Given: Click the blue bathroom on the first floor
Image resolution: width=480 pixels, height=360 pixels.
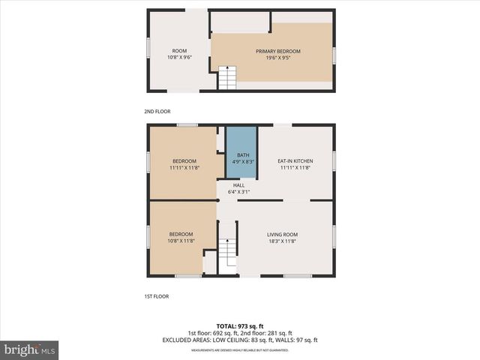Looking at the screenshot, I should [x=241, y=152].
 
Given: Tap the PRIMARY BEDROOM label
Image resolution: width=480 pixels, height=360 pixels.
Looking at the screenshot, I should [x=277, y=51].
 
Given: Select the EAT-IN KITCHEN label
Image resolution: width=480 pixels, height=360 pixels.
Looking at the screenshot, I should [x=295, y=161].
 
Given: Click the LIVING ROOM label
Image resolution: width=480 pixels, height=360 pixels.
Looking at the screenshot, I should [x=283, y=235].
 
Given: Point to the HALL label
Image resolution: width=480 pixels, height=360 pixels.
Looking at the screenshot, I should [x=238, y=185].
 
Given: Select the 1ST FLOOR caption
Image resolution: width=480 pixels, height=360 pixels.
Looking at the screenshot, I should [x=156, y=296].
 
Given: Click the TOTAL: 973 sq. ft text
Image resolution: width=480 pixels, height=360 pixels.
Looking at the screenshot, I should [x=239, y=326].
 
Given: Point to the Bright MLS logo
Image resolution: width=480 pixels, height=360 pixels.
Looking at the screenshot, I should [x=30, y=350].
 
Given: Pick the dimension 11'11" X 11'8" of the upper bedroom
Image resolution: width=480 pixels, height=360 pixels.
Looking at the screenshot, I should [x=184, y=168].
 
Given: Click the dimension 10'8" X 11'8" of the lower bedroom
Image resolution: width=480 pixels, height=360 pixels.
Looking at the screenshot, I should [x=181, y=241].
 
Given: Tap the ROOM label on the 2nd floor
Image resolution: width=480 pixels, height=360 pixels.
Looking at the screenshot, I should [x=179, y=51].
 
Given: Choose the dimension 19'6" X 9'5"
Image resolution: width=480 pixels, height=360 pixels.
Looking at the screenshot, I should [x=277, y=58].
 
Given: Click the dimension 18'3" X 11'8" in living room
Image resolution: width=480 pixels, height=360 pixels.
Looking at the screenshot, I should [x=283, y=241].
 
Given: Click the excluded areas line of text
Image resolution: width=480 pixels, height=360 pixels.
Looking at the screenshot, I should [x=239, y=340].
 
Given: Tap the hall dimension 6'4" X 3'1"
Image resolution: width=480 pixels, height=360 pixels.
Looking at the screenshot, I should [x=238, y=192].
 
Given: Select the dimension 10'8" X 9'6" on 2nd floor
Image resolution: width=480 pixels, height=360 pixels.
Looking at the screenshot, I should [x=179, y=58].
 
